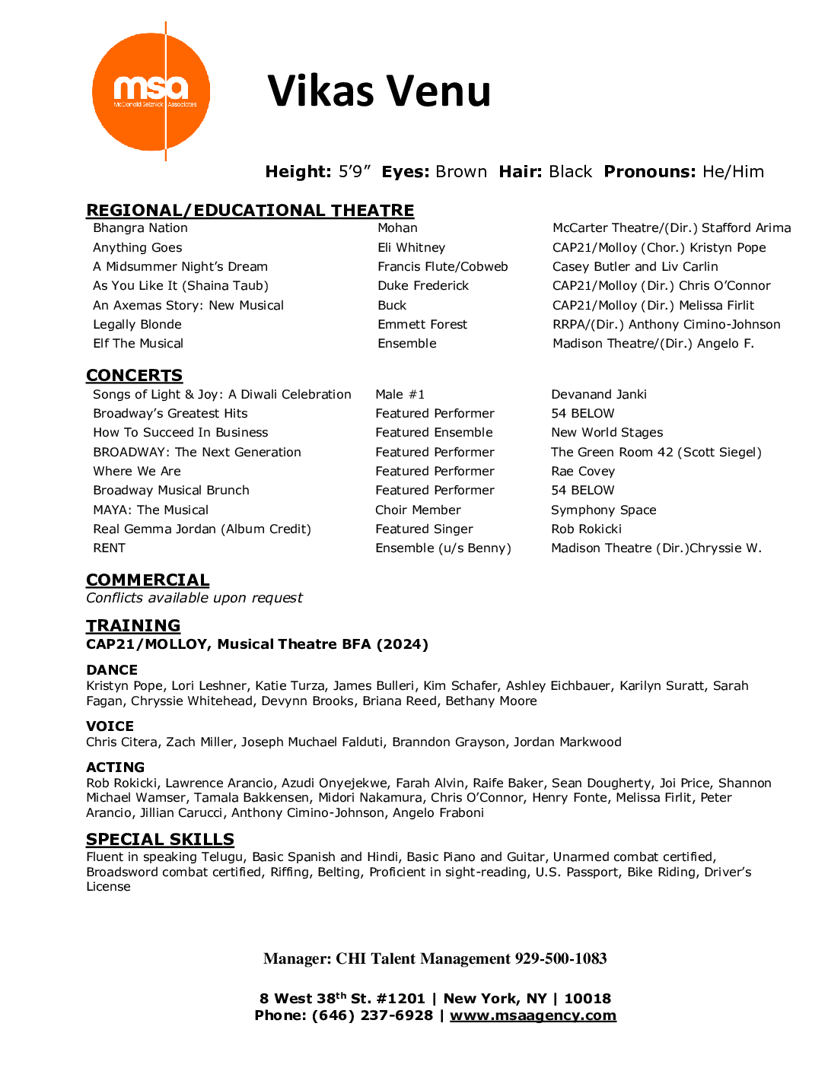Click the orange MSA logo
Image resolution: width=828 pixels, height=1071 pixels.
pyautogui.click(x=151, y=92)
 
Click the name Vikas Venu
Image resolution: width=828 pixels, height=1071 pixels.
pyautogui.click(x=379, y=91)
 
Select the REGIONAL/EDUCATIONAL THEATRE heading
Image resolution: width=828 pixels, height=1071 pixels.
pyautogui.click(x=250, y=210)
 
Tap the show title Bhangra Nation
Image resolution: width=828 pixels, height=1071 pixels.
pyautogui.click(x=140, y=228)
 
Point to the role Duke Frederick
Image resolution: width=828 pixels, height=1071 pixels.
pyautogui.click(x=423, y=286)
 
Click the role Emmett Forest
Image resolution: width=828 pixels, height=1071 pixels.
pyautogui.click(x=422, y=325)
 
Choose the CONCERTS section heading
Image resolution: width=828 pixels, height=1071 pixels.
pyautogui.click(x=134, y=375)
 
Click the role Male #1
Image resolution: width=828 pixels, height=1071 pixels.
pyautogui.click(x=400, y=394)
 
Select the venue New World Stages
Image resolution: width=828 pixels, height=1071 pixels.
pyautogui.click(x=607, y=433)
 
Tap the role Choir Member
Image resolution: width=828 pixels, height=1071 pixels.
pyautogui.click(x=418, y=510)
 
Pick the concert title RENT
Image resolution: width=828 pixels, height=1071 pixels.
pyautogui.click(x=109, y=548)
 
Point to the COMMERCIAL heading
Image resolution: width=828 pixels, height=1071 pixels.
pyautogui.click(x=148, y=580)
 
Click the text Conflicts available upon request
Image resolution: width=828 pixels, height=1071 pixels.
pyautogui.click(x=194, y=598)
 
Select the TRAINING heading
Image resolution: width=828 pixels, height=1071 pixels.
pyautogui.click(x=133, y=625)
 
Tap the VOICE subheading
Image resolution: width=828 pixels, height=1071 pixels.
pyautogui.click(x=110, y=726)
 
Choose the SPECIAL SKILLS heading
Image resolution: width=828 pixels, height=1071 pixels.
pyautogui.click(x=160, y=839)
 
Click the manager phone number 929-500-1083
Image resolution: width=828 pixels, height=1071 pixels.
pyautogui.click(x=561, y=958)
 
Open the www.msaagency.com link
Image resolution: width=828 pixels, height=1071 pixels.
pyautogui.click(x=533, y=1015)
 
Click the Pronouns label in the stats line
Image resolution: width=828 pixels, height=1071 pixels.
pyautogui.click(x=650, y=172)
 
